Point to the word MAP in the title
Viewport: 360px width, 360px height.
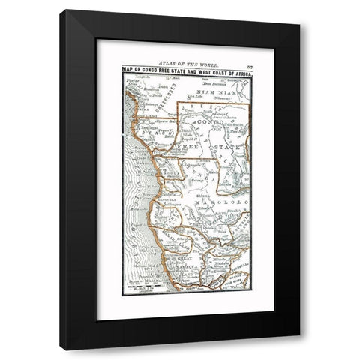[x=127, y=70]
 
